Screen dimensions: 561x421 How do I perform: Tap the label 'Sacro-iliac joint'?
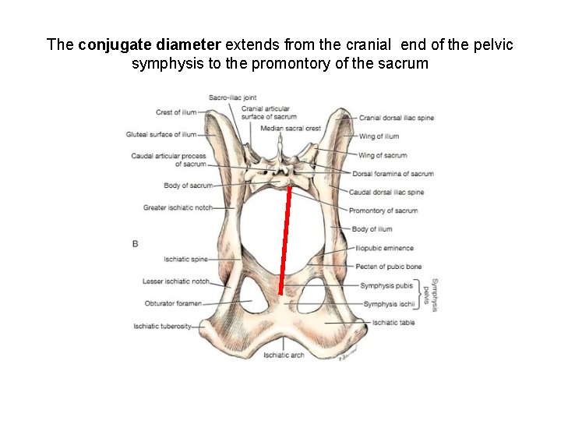[232, 97]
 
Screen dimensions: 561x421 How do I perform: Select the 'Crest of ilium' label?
[176, 112]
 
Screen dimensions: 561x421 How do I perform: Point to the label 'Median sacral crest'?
[291, 128]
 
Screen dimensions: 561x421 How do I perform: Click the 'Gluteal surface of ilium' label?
[161, 134]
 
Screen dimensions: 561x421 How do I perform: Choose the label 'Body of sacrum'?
[188, 186]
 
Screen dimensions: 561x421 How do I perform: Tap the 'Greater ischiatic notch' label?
[177, 207]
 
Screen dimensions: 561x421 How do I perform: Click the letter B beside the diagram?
[135, 244]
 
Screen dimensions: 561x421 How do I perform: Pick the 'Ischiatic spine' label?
[185, 259]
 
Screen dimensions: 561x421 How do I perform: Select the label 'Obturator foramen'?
[173, 303]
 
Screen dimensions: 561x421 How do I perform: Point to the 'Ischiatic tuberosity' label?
[162, 326]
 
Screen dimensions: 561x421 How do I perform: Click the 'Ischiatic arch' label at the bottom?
[284, 356]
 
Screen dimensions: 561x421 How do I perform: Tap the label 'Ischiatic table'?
[393, 323]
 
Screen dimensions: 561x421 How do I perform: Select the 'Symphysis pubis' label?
[388, 285]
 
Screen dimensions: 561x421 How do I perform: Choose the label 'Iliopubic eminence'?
[384, 248]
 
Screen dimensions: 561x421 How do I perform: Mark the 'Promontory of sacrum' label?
[383, 210]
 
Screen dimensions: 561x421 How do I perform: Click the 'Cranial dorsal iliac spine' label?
[397, 118]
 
